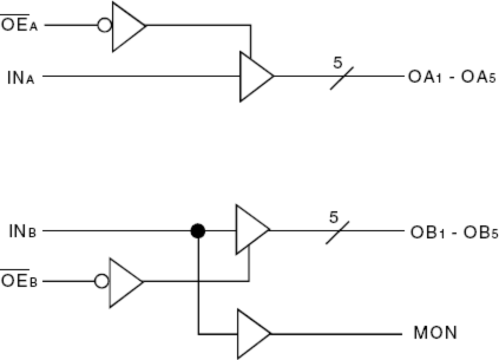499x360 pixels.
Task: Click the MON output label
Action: (435, 333)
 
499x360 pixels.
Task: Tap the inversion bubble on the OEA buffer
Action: (104, 26)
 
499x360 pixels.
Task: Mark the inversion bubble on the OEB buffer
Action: (102, 282)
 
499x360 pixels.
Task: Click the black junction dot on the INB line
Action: (198, 230)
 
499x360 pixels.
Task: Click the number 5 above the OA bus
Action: (338, 63)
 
